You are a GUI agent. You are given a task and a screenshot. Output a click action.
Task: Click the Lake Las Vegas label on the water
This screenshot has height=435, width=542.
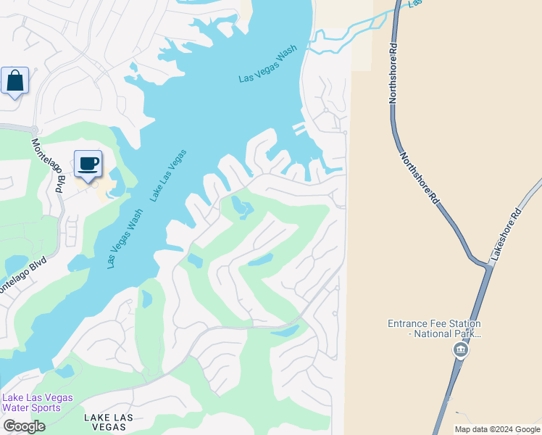[x=168, y=175]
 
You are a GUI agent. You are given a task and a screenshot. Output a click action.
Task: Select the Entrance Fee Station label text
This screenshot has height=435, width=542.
[x=434, y=329]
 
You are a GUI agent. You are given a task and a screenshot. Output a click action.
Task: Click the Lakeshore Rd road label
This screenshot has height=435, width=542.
[x=505, y=234]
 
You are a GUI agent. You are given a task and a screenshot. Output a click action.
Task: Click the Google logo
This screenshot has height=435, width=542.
[x=23, y=426]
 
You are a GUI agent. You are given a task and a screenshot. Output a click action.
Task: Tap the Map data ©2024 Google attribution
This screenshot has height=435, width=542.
[x=497, y=429]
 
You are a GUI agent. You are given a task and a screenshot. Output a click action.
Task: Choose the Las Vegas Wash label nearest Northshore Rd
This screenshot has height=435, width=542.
[x=269, y=65]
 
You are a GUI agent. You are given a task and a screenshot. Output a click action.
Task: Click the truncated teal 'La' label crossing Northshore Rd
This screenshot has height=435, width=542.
[x=414, y=4]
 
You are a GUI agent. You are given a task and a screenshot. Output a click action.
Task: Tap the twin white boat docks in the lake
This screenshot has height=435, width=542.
[x=299, y=129]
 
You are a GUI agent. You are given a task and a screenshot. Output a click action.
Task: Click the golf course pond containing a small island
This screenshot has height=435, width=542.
[x=243, y=207]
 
